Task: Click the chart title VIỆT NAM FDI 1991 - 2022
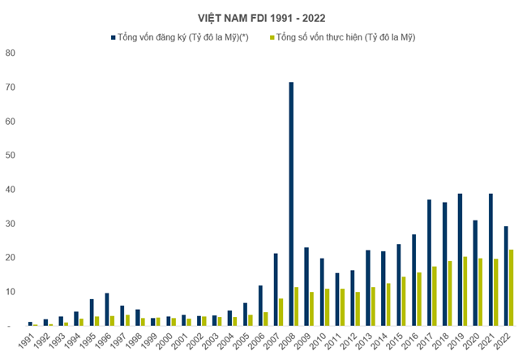click(263, 17)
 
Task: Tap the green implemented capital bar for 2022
click(512, 287)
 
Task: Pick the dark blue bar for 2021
click(490, 259)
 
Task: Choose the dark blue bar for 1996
click(107, 309)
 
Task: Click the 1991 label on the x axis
click(26, 341)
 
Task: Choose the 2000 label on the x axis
click(164, 341)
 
